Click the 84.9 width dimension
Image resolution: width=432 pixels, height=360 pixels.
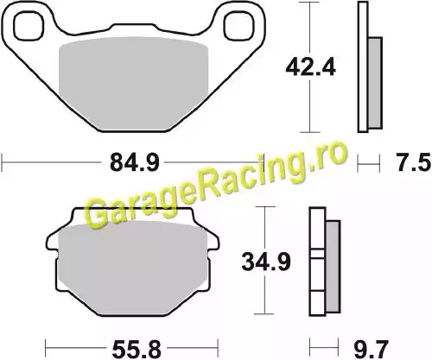[135, 162]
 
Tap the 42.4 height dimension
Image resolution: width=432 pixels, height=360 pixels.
[310, 68]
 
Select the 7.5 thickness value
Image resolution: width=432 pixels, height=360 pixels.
[414, 162]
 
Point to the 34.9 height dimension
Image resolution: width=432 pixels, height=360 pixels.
[266, 262]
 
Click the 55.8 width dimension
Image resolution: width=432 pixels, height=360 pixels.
[137, 349]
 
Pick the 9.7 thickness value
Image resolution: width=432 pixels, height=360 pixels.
[372, 349]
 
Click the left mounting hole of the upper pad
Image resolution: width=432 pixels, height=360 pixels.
[29, 25]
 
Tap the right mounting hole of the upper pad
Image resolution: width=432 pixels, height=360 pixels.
[239, 25]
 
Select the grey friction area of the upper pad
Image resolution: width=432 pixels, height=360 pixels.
[133, 84]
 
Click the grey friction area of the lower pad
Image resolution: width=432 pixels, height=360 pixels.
[132, 268]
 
